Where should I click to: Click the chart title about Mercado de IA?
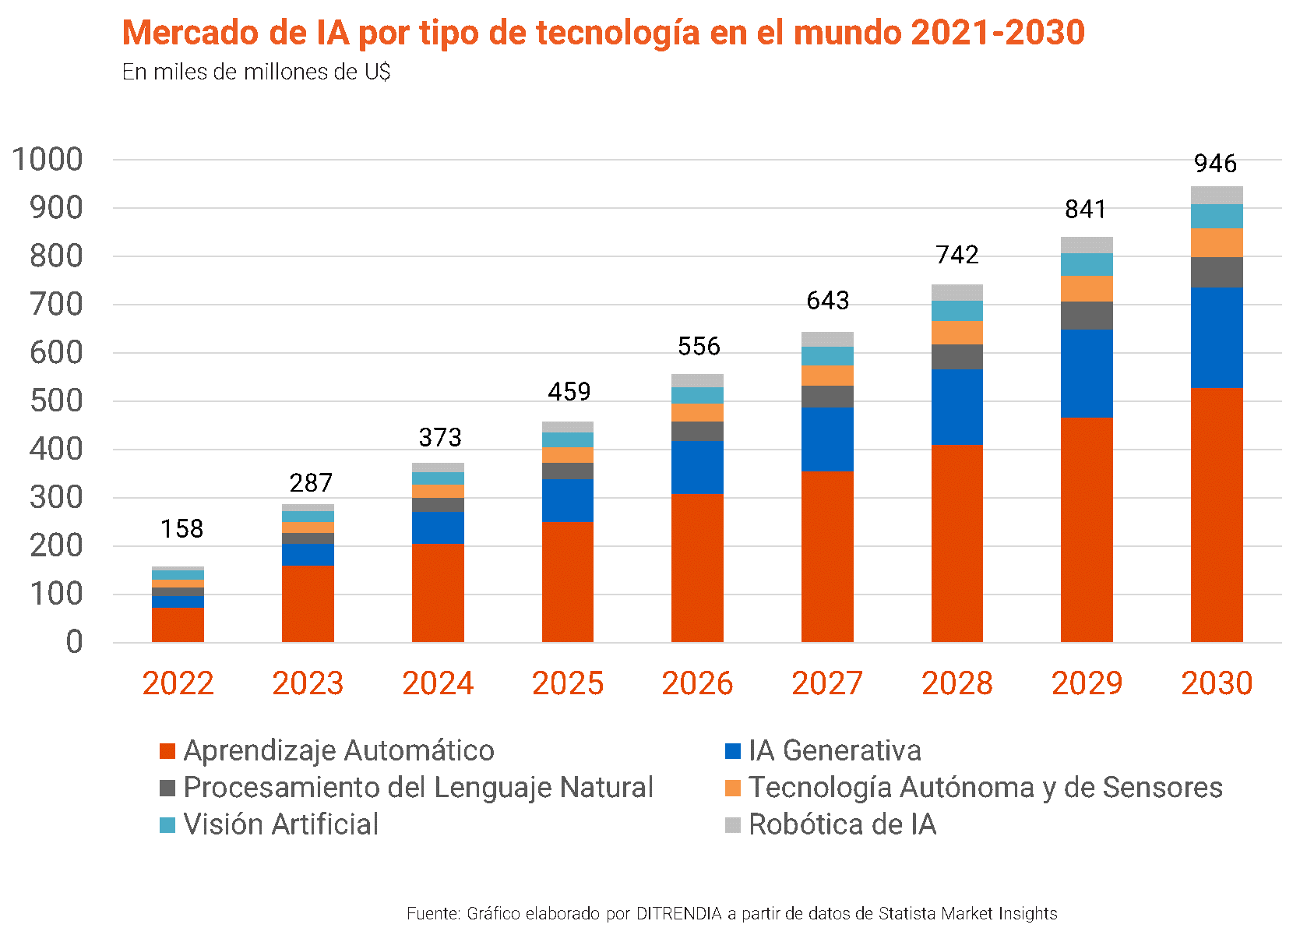coord(603,33)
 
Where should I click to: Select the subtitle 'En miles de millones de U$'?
coord(256,72)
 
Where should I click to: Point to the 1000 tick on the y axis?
coord(48,160)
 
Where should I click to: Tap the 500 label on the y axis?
coord(55,401)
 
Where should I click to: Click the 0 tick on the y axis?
coord(74,643)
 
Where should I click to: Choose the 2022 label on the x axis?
coord(178,683)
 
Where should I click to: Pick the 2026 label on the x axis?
coord(697,683)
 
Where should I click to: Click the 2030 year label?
coord(1216,683)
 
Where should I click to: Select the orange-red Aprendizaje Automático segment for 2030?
coord(1216,514)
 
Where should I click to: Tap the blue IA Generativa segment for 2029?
coord(1087,373)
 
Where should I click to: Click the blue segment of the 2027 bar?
coord(827,439)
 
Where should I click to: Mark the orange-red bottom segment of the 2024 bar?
coord(438,592)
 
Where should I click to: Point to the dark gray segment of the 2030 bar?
coord(1216,273)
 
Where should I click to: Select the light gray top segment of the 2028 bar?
coord(957,292)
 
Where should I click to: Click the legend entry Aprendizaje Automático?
coord(327,751)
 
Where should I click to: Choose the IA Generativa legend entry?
coord(823,751)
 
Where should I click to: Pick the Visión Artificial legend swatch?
coord(167,825)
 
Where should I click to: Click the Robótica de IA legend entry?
coord(830,825)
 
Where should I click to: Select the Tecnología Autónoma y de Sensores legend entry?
coord(974,788)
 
